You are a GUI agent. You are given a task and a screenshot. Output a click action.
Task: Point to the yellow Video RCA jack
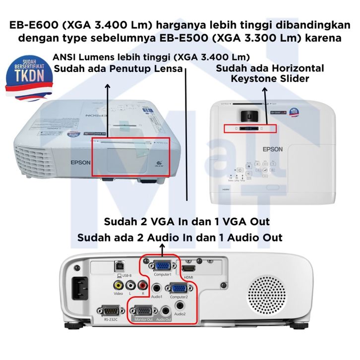click(x=118, y=285)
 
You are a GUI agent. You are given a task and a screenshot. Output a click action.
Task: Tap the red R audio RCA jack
click(x=143, y=285)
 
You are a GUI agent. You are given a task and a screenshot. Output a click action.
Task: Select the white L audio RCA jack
click(x=130, y=285)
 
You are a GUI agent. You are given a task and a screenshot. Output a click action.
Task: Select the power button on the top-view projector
click(x=240, y=170)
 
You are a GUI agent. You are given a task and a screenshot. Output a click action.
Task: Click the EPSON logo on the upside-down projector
click(x=79, y=162)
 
